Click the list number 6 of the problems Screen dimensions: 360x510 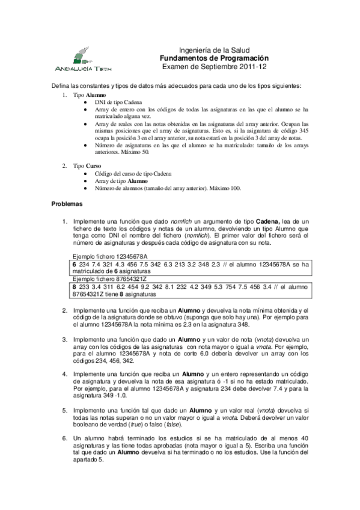[x=65, y=438]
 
